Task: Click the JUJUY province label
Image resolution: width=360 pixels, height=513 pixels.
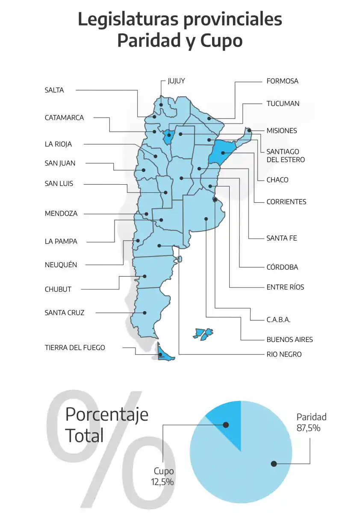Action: pos(176,81)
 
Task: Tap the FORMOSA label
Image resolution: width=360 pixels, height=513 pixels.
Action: pos(282,81)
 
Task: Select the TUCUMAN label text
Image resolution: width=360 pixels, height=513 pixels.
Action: pos(283,103)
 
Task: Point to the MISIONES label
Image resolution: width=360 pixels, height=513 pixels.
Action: pos(281,131)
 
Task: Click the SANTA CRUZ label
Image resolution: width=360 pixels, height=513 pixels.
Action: pos(65,313)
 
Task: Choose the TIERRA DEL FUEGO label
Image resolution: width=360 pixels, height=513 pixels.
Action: pos(75,348)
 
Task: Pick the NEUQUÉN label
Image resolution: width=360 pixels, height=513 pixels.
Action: pos(61,265)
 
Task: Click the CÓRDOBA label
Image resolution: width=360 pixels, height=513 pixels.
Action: pos(282,267)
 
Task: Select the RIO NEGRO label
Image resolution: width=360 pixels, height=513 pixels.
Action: pos(284,354)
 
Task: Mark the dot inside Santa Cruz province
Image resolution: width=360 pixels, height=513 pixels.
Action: pos(145,313)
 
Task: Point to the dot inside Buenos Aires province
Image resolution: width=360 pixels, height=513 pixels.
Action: pos(206,219)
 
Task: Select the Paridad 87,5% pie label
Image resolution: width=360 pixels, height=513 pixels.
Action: pos(312,422)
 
